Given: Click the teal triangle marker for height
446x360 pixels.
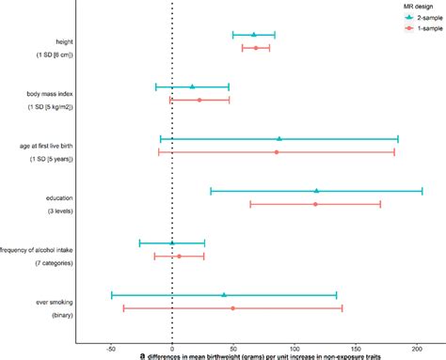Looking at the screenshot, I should click(x=253, y=35).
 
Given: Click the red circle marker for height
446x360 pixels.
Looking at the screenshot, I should click(x=255, y=48).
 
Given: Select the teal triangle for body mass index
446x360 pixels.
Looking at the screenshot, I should click(x=192, y=86).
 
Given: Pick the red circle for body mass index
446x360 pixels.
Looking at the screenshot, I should click(x=199, y=100).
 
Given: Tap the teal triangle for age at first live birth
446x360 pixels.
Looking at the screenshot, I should click(x=279, y=138).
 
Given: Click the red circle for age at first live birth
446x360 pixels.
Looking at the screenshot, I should click(x=276, y=151).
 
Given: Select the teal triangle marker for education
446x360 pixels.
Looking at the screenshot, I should click(x=316, y=191).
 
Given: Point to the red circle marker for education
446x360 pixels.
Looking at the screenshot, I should click(x=315, y=204).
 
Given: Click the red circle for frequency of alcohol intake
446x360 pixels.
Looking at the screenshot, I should click(x=179, y=256).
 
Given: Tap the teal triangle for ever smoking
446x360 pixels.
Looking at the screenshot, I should click(x=224, y=294).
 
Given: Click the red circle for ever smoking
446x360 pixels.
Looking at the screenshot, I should click(x=232, y=308).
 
